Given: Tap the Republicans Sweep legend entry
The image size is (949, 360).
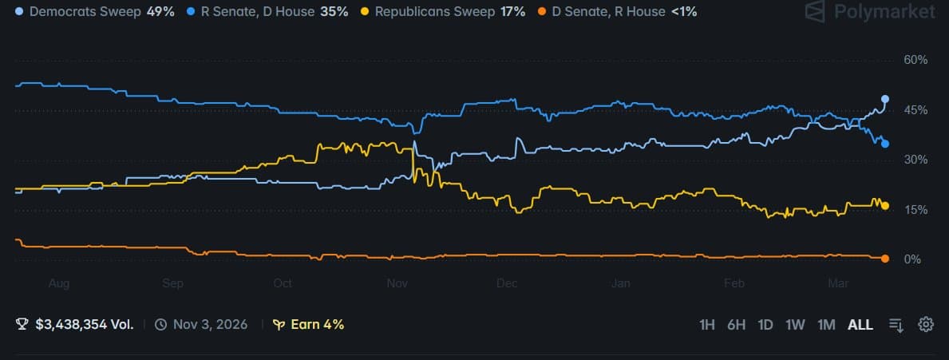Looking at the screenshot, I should tap(445, 13).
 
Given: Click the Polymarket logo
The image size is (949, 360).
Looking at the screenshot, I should tap(869, 12).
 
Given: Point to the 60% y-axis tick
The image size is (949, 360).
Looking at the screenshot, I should tap(915, 61).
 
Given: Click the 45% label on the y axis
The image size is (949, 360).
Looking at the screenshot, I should tap(915, 110).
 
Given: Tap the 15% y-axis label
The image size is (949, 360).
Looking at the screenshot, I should tap(915, 210).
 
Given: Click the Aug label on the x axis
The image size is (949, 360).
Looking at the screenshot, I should tap(59, 283).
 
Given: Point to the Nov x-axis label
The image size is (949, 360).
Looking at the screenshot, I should tap(397, 283).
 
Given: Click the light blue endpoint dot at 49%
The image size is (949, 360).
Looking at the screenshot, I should tap(885, 99).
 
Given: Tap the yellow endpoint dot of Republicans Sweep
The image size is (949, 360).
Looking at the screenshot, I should tap(885, 206).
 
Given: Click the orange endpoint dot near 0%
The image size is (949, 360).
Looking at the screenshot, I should tap(885, 258).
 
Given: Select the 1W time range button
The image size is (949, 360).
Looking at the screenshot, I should tap(795, 325).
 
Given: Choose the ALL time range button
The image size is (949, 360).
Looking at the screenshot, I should tap(860, 325).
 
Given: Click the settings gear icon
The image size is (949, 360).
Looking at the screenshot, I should tap(926, 324).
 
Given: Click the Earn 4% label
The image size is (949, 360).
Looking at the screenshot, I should tap(308, 325).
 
